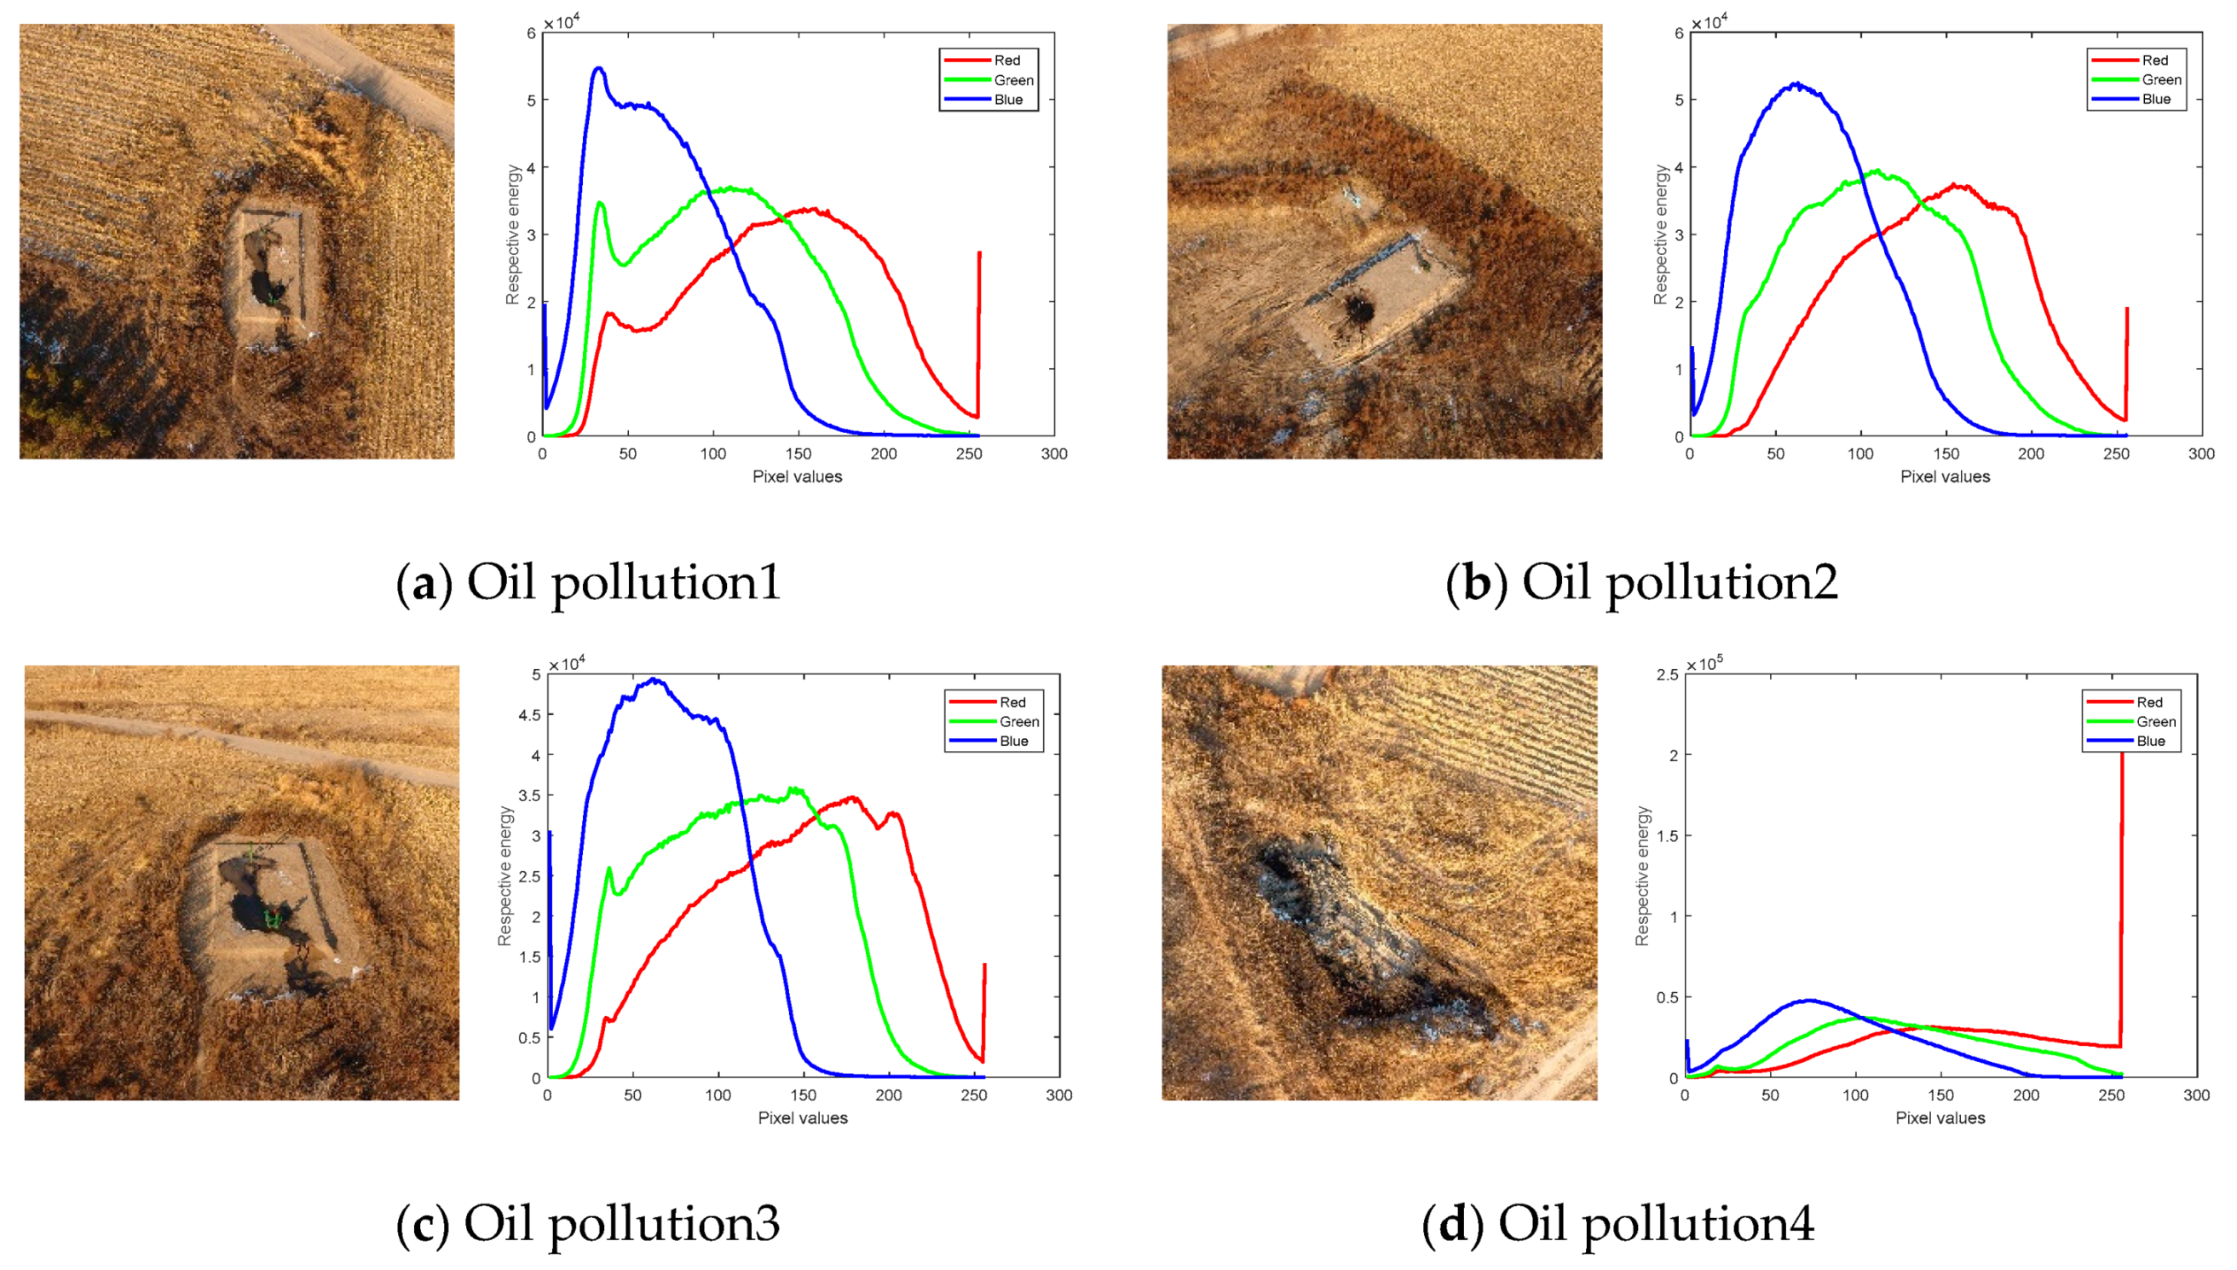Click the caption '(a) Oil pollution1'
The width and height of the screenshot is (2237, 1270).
tap(589, 582)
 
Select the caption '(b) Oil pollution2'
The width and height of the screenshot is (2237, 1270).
tap(1641, 582)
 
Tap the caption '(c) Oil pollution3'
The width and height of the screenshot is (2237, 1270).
tap(589, 1223)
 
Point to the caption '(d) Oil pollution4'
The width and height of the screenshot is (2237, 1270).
tap(1617, 1223)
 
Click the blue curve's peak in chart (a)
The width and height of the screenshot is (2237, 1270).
tap(598, 68)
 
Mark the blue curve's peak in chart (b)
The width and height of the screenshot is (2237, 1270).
tap(1796, 84)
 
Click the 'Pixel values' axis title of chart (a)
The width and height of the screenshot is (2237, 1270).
tap(797, 477)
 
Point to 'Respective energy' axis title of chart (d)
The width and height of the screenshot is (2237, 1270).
tap(1643, 875)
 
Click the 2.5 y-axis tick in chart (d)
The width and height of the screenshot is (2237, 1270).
tap(1667, 674)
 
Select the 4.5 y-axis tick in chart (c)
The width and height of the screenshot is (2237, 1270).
tap(529, 715)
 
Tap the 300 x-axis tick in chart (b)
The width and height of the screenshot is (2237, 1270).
tap(2201, 453)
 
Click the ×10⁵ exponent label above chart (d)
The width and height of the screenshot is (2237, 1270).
tap(1704, 664)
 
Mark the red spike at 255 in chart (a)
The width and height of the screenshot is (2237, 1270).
tap(979, 332)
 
